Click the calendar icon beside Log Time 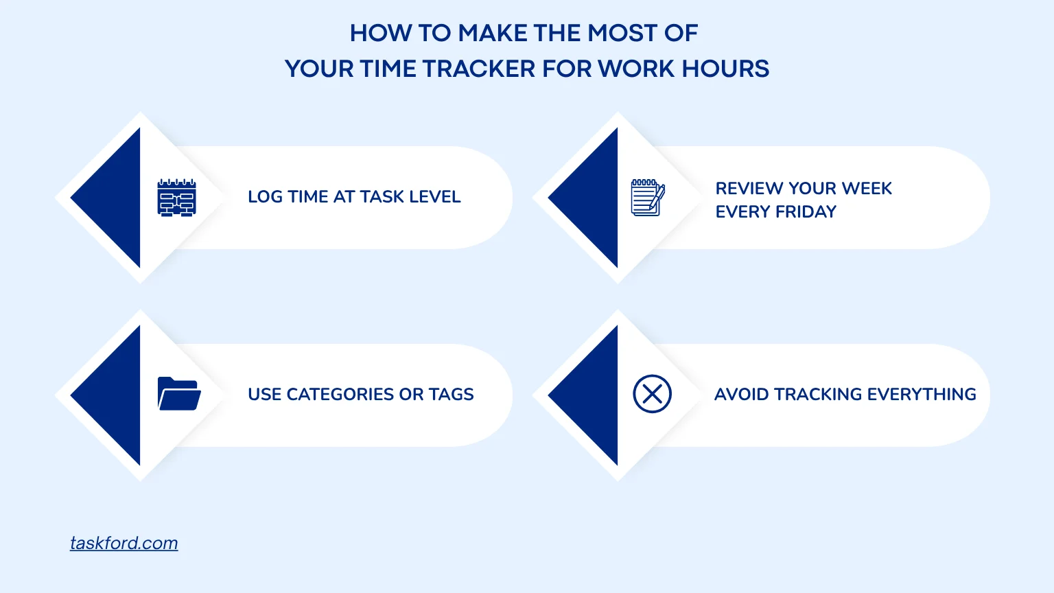coord(176,198)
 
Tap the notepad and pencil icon coord(648,198)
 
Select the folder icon coord(179,393)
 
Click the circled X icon coord(652,394)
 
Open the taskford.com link coord(124,543)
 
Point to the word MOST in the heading coord(622,34)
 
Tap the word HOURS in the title coord(725,69)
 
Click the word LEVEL coord(434,197)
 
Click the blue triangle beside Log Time coord(117,198)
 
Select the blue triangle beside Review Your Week coord(594,198)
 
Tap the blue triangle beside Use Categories coord(117,395)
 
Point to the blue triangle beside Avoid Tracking coord(594,395)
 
